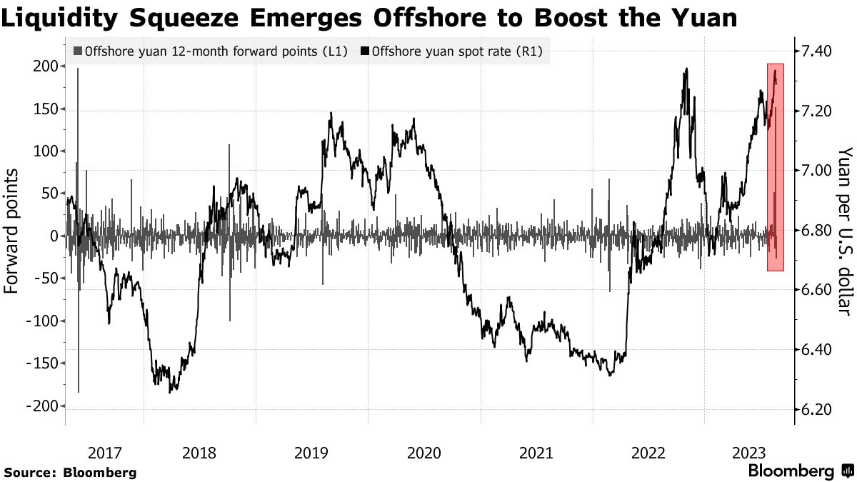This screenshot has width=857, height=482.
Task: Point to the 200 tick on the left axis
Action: tap(45, 66)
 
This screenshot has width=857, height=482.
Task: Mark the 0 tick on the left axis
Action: tap(54, 236)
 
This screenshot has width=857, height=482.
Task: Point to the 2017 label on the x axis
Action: tap(105, 453)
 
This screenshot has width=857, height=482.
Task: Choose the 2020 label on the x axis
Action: tap(425, 453)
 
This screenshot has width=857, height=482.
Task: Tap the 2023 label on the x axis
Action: tap(750, 453)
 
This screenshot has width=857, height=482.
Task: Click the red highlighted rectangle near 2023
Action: tap(775, 167)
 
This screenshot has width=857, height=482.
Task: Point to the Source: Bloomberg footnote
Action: tap(70, 472)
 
